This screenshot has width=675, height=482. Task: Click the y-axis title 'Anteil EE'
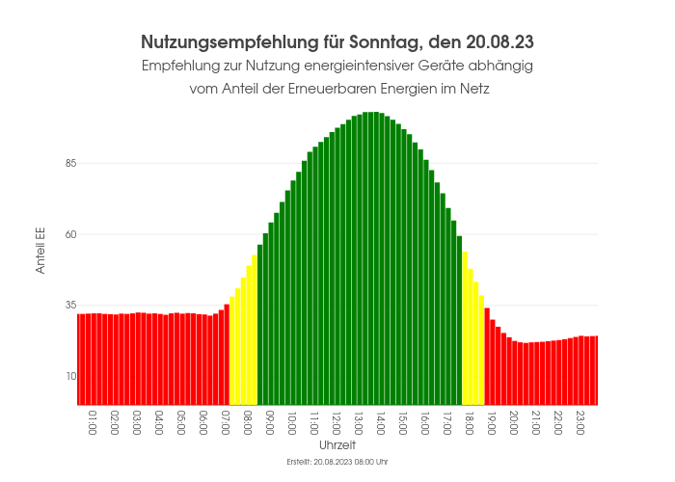(40, 252)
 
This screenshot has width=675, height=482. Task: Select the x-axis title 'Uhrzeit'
(337, 446)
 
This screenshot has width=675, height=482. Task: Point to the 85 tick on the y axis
(69, 163)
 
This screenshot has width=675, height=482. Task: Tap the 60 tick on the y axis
(69, 234)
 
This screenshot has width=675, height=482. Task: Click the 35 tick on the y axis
(69, 305)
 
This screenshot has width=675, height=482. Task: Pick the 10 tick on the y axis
(69, 376)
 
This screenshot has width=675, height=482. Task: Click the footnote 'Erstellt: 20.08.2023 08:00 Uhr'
(337, 463)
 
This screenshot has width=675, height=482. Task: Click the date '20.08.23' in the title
(499, 42)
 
